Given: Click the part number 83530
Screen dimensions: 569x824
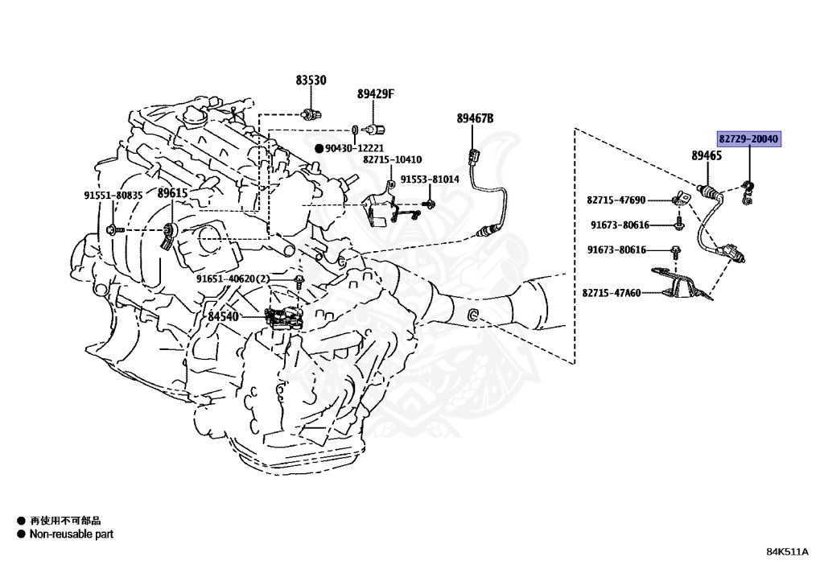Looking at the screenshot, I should [311, 80].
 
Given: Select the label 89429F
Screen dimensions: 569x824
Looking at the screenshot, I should [376, 94].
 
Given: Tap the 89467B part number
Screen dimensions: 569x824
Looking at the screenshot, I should [475, 119].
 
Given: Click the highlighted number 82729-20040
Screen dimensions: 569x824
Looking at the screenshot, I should [748, 139].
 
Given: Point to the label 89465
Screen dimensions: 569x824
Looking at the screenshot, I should [706, 155].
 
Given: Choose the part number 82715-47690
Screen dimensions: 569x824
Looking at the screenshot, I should [616, 200].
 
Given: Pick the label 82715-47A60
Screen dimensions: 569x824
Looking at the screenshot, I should [612, 293].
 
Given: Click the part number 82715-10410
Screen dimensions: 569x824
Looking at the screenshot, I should [392, 160].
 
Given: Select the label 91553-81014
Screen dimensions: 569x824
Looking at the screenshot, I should [430, 179].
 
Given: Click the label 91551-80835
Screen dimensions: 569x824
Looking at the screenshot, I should [113, 195].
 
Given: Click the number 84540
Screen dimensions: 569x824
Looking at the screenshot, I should [223, 316].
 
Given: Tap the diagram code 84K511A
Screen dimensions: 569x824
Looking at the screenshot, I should [787, 551].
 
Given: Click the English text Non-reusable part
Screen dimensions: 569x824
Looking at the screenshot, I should [72, 534].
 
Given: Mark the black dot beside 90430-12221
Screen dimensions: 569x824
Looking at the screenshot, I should [319, 148].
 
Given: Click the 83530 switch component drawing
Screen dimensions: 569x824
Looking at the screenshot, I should [311, 111].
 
